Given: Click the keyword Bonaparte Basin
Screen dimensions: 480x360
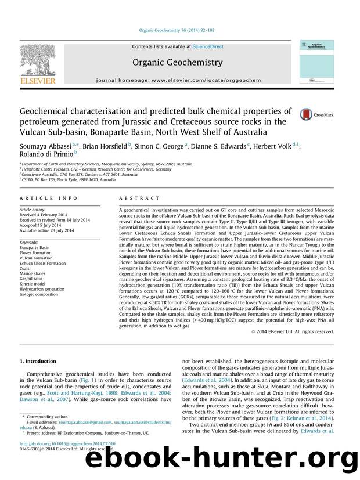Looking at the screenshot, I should (35, 247).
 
